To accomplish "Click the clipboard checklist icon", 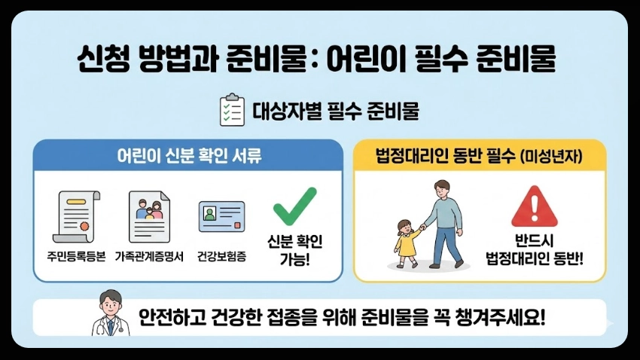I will (231, 111).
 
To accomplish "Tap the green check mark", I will (294, 205).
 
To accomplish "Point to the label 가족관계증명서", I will (149, 256).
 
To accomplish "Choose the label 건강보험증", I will (221, 256).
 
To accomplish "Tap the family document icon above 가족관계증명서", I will (149, 215).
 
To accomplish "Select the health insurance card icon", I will (221, 216).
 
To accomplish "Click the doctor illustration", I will (110, 314).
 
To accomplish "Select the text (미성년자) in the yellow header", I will (553, 157).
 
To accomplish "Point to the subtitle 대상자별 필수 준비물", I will (336, 111).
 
